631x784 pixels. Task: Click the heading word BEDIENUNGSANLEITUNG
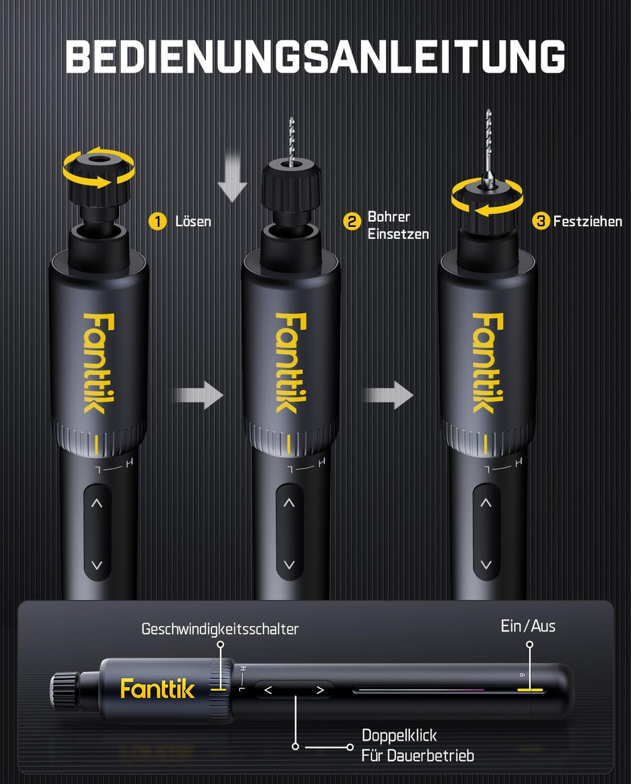[x=315, y=57]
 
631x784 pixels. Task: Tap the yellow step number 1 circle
[x=158, y=221]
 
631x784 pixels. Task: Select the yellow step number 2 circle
[x=352, y=221]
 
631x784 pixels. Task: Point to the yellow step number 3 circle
[x=541, y=221]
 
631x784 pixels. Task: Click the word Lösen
[x=193, y=221]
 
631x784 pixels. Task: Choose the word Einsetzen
[x=398, y=234]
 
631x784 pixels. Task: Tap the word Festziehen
[x=588, y=221]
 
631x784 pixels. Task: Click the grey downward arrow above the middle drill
[x=233, y=178]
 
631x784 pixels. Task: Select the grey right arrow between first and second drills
[x=199, y=395]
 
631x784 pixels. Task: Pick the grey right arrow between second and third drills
[x=389, y=395]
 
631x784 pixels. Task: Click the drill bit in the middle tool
[x=291, y=141]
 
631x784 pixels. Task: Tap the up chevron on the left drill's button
[x=97, y=503]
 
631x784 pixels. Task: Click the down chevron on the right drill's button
[x=486, y=565]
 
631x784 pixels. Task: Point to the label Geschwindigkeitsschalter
[x=220, y=629]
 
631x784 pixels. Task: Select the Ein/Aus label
[x=528, y=626]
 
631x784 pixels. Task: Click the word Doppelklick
[x=400, y=735]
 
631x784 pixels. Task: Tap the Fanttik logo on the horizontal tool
[x=157, y=688]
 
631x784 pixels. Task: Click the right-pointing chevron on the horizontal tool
[x=320, y=690]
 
